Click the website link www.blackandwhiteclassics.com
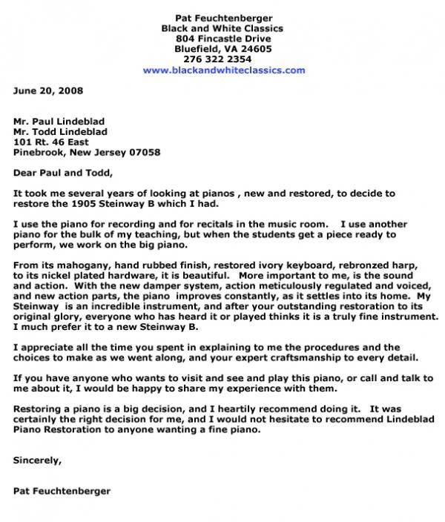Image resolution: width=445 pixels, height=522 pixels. click(x=223, y=70)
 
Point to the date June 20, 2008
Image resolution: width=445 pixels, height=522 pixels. click(x=48, y=91)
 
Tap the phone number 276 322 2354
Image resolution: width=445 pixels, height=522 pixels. click(x=223, y=59)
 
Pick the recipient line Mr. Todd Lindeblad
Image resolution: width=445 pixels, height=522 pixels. click(x=60, y=131)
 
